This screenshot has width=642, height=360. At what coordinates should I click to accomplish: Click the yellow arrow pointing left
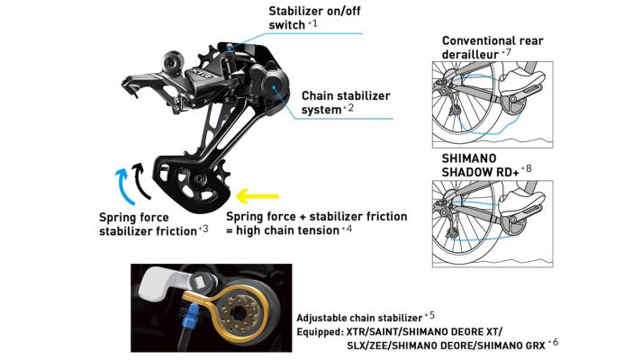point(258,196)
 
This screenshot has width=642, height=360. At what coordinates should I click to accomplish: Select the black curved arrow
point(140,181)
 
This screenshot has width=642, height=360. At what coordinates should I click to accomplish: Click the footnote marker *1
point(312,23)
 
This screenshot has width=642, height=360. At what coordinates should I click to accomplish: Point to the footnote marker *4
point(348,229)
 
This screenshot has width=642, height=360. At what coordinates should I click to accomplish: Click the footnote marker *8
point(527,168)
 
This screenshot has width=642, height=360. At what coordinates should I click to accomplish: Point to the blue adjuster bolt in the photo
point(191,320)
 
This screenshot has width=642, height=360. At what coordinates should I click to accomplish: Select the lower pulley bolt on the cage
point(199,179)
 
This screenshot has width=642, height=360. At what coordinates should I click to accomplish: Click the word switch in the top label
point(287,24)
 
